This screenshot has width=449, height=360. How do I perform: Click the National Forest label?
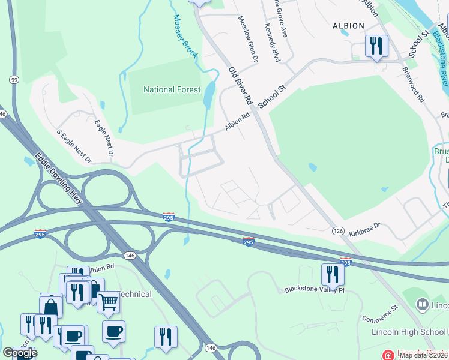pos(172,90)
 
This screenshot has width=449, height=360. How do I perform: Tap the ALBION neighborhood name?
pos(348,26)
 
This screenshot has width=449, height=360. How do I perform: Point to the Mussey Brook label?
pos(186,36)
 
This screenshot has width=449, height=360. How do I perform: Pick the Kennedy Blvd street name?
pos(272,43)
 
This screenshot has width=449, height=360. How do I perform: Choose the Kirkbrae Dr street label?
pos(365,228)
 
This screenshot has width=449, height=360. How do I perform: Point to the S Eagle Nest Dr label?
pos(73,146)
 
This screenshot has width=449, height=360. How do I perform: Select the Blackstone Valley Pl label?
pos(316,289)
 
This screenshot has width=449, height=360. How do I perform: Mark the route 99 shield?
pos(13,79)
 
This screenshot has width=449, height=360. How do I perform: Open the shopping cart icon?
pos(108,301)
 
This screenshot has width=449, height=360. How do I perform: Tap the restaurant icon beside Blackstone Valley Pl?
pos(333,274)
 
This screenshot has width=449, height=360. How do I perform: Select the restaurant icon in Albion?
pos(376,45)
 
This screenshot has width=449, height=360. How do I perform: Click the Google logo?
pos(19,353)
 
